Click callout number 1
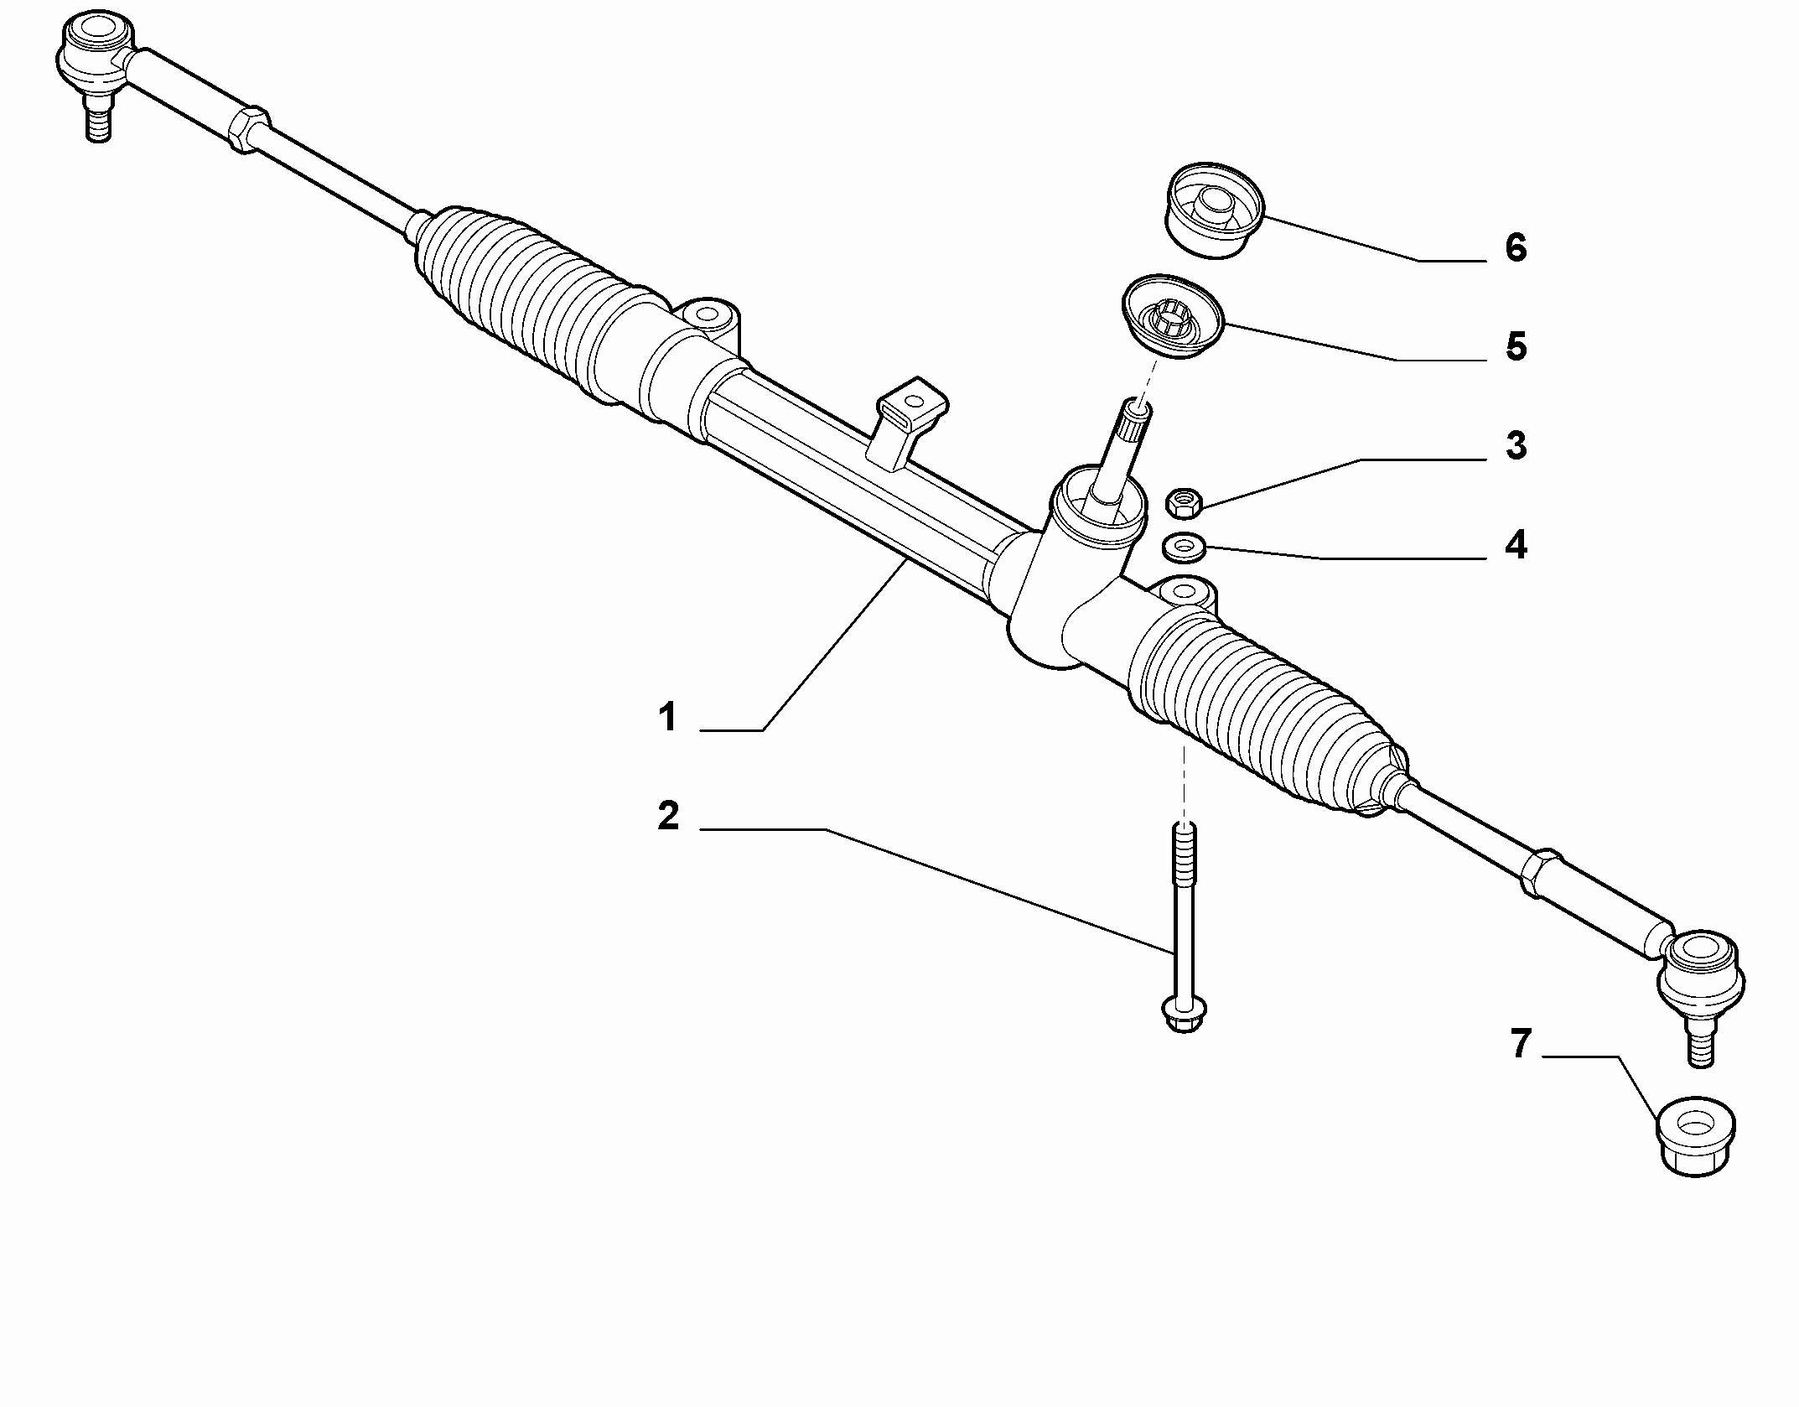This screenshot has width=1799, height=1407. pyautogui.click(x=667, y=719)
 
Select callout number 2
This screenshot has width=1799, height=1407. pyautogui.click(x=668, y=816)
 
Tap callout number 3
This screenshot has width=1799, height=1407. pyautogui.click(x=1516, y=446)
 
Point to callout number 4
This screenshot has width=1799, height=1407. pyautogui.click(x=1516, y=545)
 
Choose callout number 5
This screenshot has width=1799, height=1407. pyautogui.click(x=1516, y=346)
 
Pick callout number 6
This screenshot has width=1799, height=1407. pyautogui.click(x=1516, y=247)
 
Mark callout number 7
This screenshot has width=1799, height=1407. pyautogui.click(x=1521, y=1045)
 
